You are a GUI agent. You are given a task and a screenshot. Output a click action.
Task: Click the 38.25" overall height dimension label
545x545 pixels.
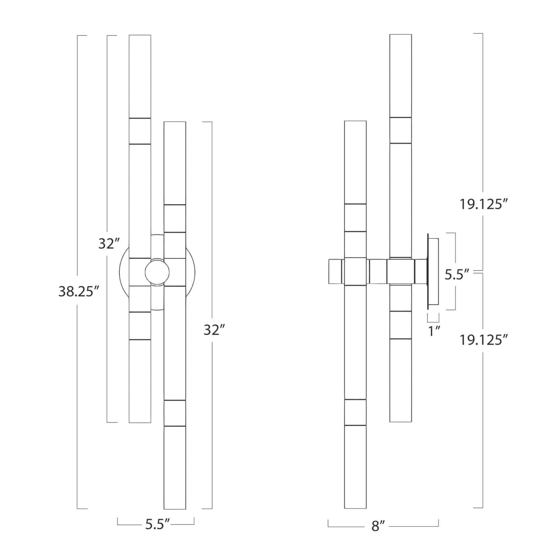point(79,291)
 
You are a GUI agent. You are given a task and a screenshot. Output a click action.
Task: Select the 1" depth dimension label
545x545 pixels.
point(434,331)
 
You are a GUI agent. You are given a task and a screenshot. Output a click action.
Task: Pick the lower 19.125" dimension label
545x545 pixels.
point(484,340)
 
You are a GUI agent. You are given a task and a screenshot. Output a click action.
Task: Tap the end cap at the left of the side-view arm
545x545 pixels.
point(335,271)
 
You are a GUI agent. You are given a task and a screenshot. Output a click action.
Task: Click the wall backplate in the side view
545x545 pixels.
point(432,271)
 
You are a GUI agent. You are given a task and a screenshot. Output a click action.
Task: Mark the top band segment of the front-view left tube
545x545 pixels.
point(140,131)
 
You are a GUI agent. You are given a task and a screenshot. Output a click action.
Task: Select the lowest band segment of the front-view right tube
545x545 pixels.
point(175,413)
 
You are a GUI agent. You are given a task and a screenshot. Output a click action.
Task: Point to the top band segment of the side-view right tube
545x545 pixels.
point(401,130)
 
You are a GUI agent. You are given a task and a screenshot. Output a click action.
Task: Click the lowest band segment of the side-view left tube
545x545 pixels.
point(355,412)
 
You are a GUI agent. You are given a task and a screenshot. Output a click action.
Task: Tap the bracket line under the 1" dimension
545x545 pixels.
point(433,321)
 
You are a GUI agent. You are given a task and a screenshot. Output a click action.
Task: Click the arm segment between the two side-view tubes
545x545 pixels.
point(378,271)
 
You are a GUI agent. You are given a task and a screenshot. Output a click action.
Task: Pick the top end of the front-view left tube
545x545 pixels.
point(140,36)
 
